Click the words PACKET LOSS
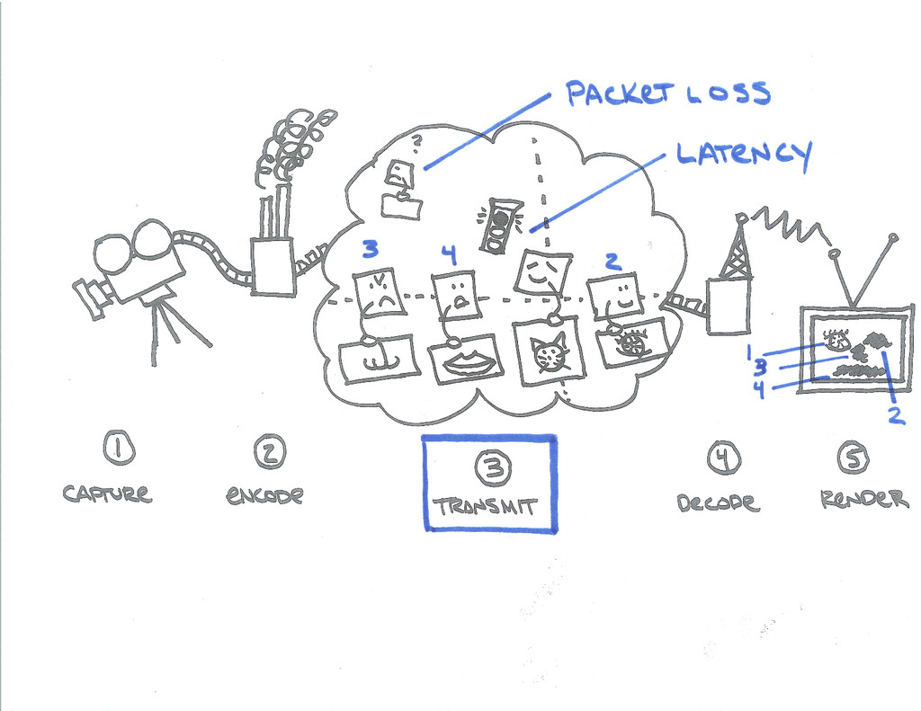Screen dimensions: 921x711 (667, 94)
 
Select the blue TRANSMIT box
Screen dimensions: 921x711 (490, 483)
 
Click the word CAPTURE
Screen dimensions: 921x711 (106, 493)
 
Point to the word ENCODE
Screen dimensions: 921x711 (265, 495)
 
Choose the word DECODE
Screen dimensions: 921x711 (718, 502)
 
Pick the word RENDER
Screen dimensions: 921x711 (864, 499)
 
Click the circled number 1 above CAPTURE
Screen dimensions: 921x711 (118, 447)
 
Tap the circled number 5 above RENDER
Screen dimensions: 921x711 (853, 458)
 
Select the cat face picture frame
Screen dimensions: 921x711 (548, 353)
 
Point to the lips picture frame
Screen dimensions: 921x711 (466, 360)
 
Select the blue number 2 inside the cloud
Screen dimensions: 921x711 (612, 262)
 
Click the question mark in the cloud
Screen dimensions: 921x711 (416, 140)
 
